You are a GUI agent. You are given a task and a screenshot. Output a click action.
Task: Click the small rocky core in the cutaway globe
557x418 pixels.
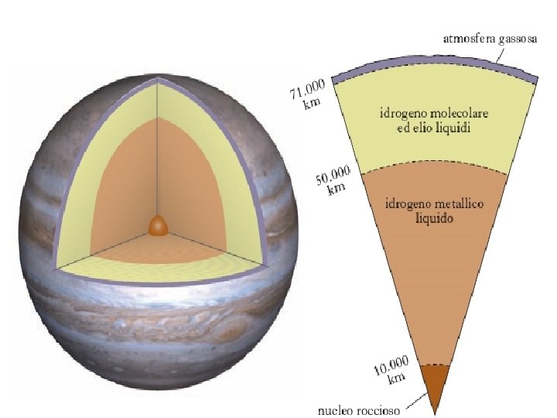pyautogui.click(x=159, y=225)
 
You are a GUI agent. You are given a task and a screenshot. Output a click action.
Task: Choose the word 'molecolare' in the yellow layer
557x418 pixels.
pyautogui.click(x=461, y=114)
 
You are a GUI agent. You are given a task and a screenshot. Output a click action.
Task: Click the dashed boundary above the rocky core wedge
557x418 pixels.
pyautogui.click(x=436, y=363)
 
